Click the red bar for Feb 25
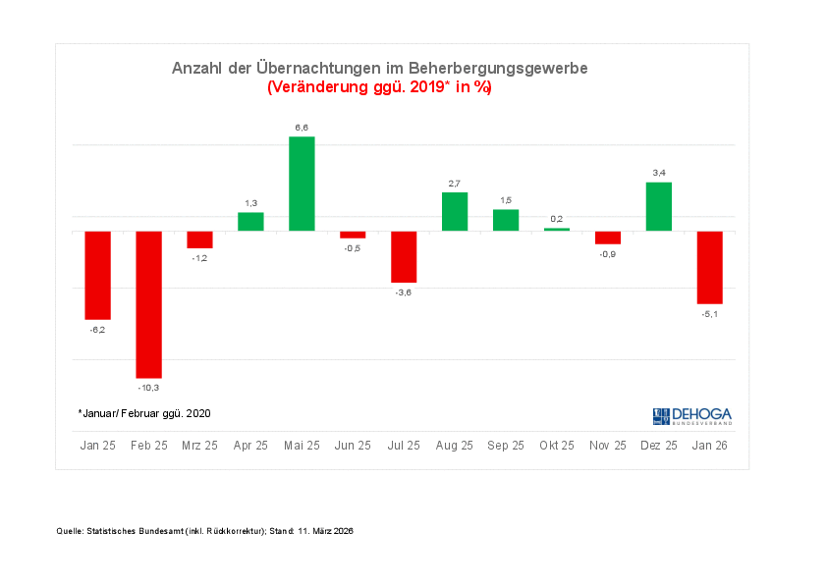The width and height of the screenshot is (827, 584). point(148,304)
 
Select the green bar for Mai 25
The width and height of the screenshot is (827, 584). point(302,184)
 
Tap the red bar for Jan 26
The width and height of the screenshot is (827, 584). point(710,267)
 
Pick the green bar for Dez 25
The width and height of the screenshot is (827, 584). point(659,206)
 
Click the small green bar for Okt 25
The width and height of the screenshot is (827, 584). point(557,229)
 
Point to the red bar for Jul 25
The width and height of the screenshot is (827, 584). point(404,256)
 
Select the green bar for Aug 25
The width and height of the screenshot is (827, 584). point(455,211)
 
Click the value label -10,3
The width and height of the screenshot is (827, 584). point(148,388)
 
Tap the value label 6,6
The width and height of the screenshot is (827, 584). point(302,128)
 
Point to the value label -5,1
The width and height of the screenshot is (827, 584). point(710,314)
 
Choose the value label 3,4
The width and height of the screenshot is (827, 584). point(659,173)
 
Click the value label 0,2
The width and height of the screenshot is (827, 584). point(557,219)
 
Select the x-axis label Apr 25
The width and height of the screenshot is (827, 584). point(250,446)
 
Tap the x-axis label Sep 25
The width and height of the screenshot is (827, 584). point(506,446)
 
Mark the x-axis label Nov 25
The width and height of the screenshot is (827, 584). point(608,446)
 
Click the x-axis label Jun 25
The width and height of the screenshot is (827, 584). point(353,446)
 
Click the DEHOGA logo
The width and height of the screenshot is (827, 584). point(691,415)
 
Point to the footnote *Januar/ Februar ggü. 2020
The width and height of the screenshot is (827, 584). point(144,413)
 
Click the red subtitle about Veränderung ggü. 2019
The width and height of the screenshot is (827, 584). point(379,87)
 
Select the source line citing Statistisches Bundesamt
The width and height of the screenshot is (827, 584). point(204,531)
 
